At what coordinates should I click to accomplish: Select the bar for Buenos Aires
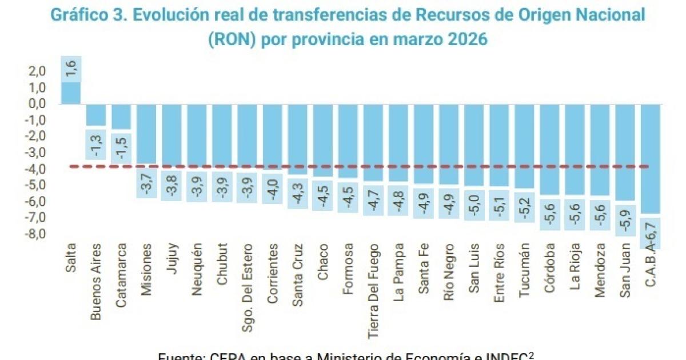tap(96, 115)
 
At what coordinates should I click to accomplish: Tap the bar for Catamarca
tap(121, 117)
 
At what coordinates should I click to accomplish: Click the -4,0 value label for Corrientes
tap(273, 189)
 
